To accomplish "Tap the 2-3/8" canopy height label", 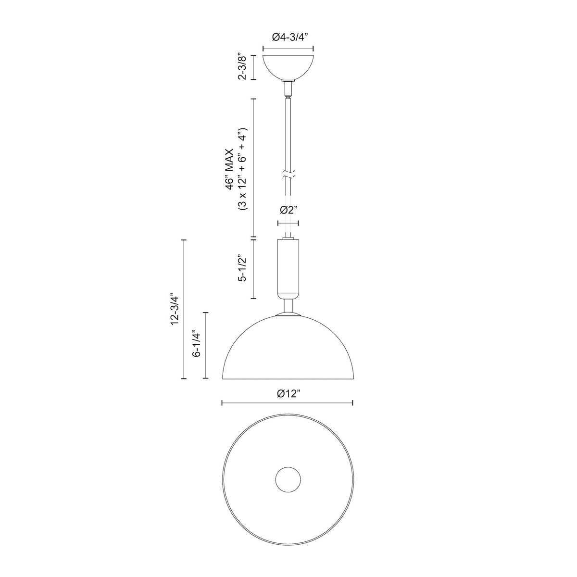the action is click(x=242, y=67).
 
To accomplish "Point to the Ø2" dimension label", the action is click(x=288, y=210).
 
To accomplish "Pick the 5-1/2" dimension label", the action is click(x=242, y=268).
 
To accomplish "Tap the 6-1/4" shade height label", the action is click(x=196, y=344).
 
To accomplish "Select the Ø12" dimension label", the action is click(x=288, y=393).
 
